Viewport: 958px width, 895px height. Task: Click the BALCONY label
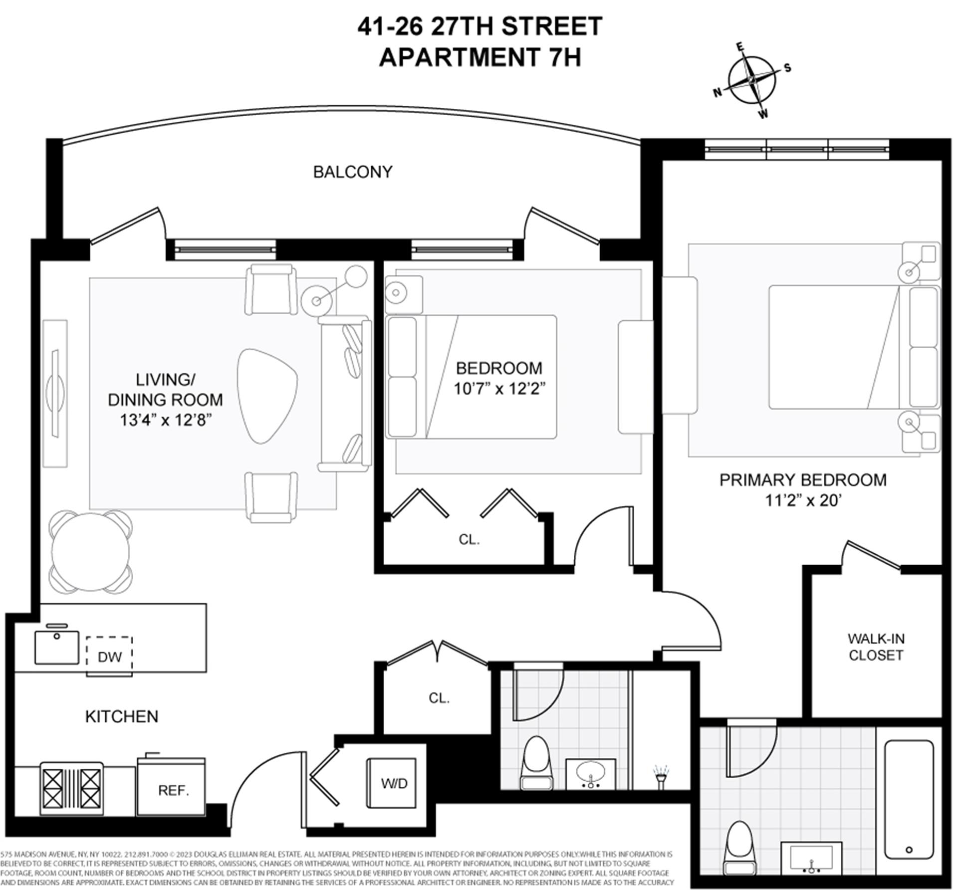352,172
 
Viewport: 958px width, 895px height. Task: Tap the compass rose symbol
751,80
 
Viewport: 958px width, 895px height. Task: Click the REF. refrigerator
172,789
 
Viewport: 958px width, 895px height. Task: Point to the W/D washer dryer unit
393,783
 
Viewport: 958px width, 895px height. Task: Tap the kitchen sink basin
56,647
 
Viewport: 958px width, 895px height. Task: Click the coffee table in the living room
267,396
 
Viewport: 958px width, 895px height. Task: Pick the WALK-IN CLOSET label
876,647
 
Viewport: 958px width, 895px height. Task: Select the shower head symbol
661,777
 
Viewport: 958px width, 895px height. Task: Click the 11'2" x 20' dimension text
803,500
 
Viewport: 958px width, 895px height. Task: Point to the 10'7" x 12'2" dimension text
498,388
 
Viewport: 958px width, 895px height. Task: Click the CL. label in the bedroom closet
469,539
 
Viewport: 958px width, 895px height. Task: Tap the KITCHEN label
121,716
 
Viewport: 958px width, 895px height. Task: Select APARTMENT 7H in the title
479,57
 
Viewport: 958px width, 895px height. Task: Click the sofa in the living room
344,394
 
